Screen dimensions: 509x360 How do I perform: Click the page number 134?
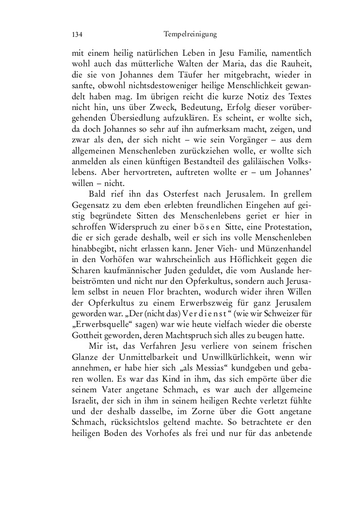pos(76,34)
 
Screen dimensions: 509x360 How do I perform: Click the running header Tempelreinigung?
pos(189,34)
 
